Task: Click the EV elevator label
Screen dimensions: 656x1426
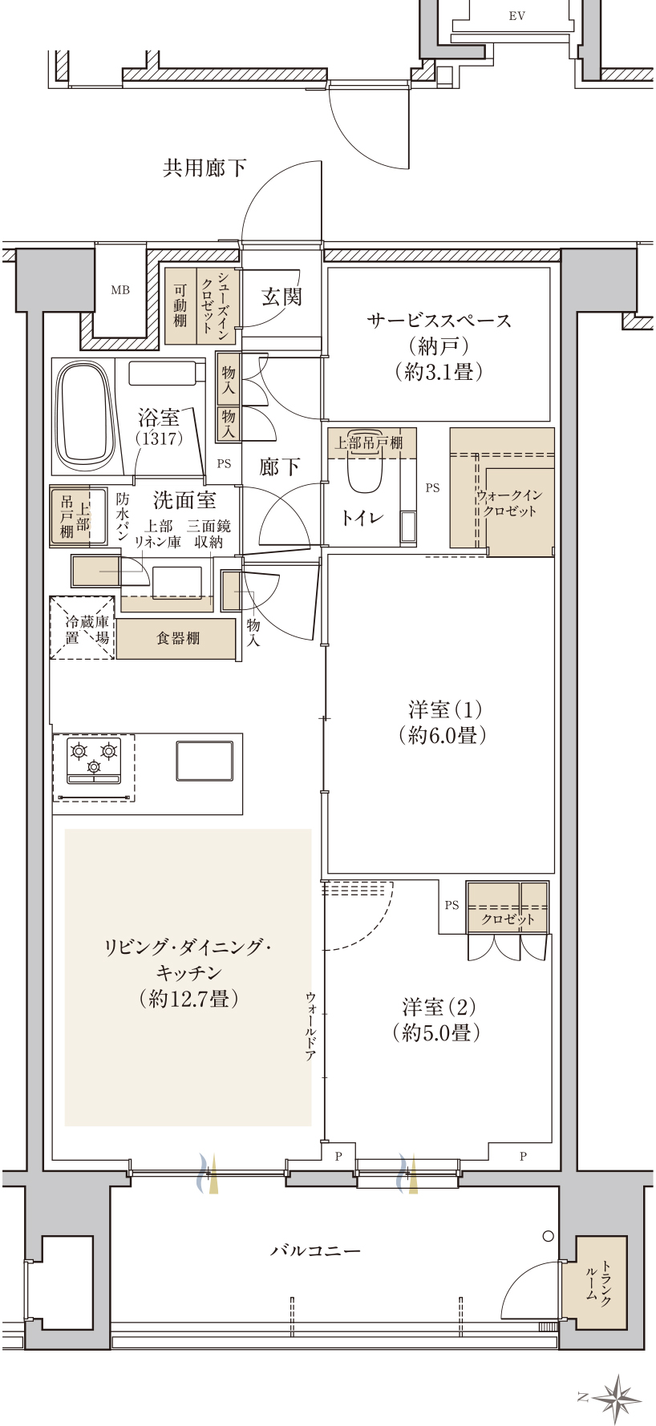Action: tap(517, 16)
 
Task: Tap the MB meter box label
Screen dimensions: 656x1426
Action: tap(120, 290)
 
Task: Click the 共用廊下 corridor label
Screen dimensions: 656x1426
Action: tap(204, 168)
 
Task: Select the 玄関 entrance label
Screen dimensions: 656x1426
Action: tap(282, 297)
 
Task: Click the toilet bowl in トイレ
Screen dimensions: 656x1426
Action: tap(365, 474)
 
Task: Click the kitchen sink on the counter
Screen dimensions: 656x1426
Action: tap(204, 761)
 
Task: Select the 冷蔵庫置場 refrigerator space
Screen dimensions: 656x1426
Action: tap(83, 628)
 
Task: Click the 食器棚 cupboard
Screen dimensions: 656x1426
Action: tap(177, 639)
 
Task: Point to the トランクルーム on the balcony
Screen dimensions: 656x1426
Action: tap(600, 1283)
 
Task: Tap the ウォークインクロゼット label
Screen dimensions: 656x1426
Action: tap(509, 503)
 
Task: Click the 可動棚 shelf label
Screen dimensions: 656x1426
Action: tap(180, 305)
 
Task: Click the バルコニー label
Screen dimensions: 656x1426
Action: tap(315, 1250)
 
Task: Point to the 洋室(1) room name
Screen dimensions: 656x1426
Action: tap(445, 709)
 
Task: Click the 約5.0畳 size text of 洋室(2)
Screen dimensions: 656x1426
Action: tap(437, 1033)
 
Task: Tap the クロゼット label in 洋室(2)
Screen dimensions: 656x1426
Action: tap(508, 919)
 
